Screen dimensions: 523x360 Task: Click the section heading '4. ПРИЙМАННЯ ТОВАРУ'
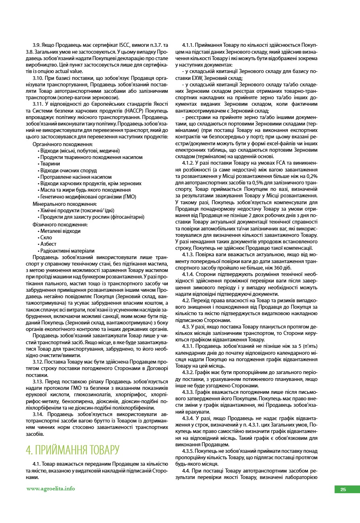tap(73, 450)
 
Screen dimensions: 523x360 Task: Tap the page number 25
tap(343, 490)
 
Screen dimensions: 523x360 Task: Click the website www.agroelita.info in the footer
tap(50, 489)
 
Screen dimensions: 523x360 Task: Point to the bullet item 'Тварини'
tap(50, 163)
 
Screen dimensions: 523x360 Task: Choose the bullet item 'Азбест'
tap(48, 244)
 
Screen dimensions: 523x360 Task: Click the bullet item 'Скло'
tap(46, 238)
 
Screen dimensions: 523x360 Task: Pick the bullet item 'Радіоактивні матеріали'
tap(67, 251)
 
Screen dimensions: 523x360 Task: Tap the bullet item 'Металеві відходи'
tap(60, 231)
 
